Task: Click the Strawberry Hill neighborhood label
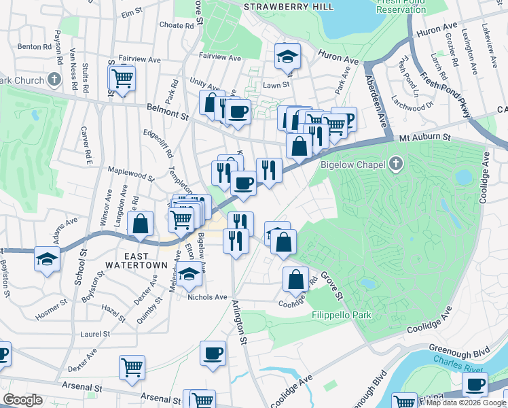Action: (x=289, y=6)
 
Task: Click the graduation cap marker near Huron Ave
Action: (x=288, y=56)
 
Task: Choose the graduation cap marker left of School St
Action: (x=47, y=259)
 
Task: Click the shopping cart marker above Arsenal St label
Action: (x=132, y=367)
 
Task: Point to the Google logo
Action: (x=22, y=400)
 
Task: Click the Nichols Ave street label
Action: (x=207, y=296)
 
